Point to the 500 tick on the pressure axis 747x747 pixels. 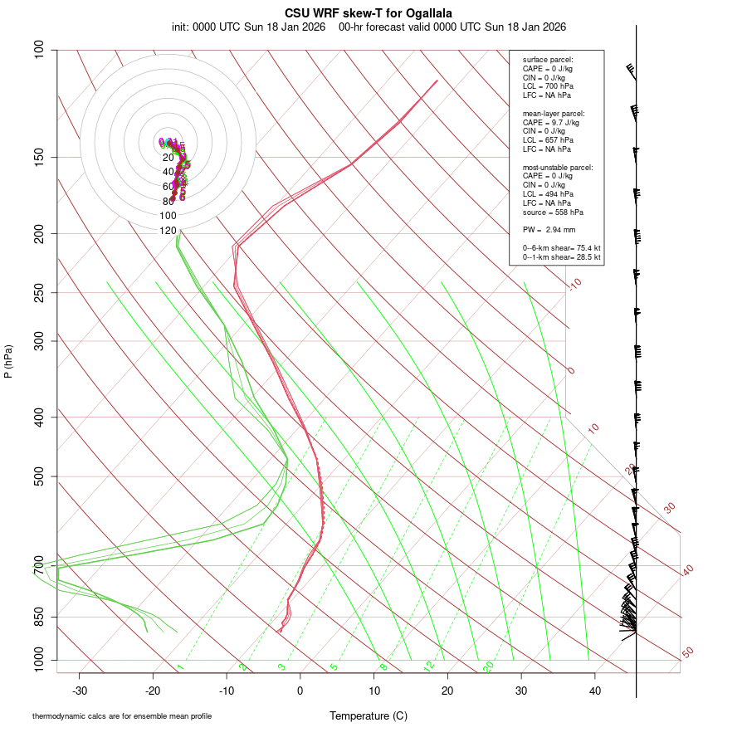(x=39, y=476)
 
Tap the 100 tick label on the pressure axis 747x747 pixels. (x=39, y=50)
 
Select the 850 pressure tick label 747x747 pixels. (x=39, y=617)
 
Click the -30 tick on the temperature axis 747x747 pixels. (x=80, y=690)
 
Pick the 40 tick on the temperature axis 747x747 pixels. (x=595, y=690)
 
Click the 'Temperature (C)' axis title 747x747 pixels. (x=368, y=715)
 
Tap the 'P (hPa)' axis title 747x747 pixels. (x=8, y=361)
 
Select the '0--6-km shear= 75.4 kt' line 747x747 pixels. (x=561, y=248)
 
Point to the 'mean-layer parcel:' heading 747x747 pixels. (x=554, y=113)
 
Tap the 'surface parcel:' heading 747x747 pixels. (x=548, y=60)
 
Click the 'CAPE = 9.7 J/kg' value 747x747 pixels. (x=551, y=122)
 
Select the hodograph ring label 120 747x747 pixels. (x=168, y=231)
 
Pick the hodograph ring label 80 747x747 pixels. (x=168, y=201)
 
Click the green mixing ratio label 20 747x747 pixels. (x=489, y=666)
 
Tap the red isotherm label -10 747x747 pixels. (x=574, y=284)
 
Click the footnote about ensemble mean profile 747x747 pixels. (x=122, y=716)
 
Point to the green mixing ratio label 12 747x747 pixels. (x=429, y=666)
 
